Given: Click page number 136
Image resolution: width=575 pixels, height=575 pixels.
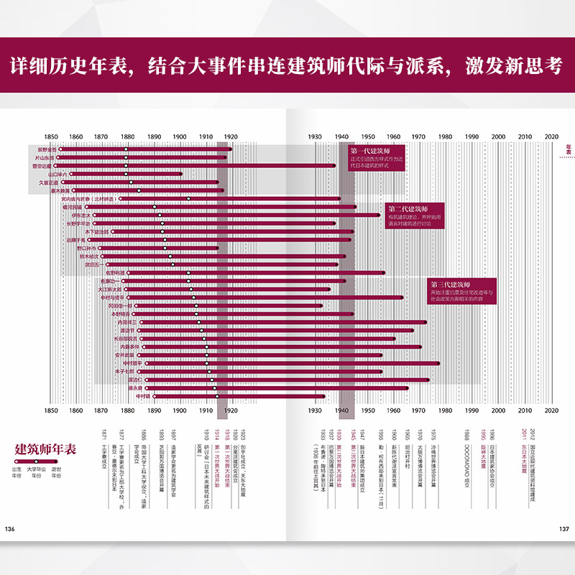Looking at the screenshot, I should [10, 529].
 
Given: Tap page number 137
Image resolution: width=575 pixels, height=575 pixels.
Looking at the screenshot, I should [564, 529].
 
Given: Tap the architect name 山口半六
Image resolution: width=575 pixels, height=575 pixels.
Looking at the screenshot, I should [57, 174].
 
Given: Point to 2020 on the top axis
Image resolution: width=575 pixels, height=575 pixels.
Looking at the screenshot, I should [551, 136].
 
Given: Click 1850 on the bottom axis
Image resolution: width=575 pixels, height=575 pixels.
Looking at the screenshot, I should [50, 411].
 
